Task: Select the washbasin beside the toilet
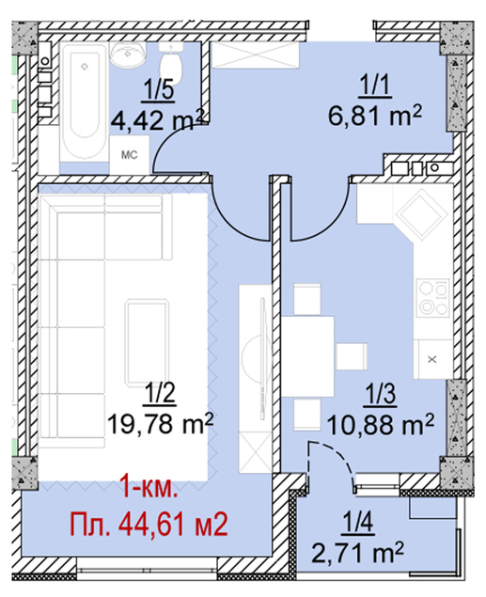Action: [x=128, y=53]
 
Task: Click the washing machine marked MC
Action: [x=130, y=155]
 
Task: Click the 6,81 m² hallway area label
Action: [x=375, y=115]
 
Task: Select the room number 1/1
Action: [x=375, y=86]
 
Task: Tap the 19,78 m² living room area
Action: [x=160, y=423]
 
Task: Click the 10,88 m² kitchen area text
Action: [x=381, y=425]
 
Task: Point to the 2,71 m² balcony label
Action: [x=358, y=553]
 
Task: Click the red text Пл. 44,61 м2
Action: [x=149, y=525]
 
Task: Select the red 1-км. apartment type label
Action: [x=149, y=488]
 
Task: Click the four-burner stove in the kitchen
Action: [x=433, y=297]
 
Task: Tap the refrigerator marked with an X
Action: [x=432, y=358]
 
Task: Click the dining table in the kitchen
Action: [x=307, y=356]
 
